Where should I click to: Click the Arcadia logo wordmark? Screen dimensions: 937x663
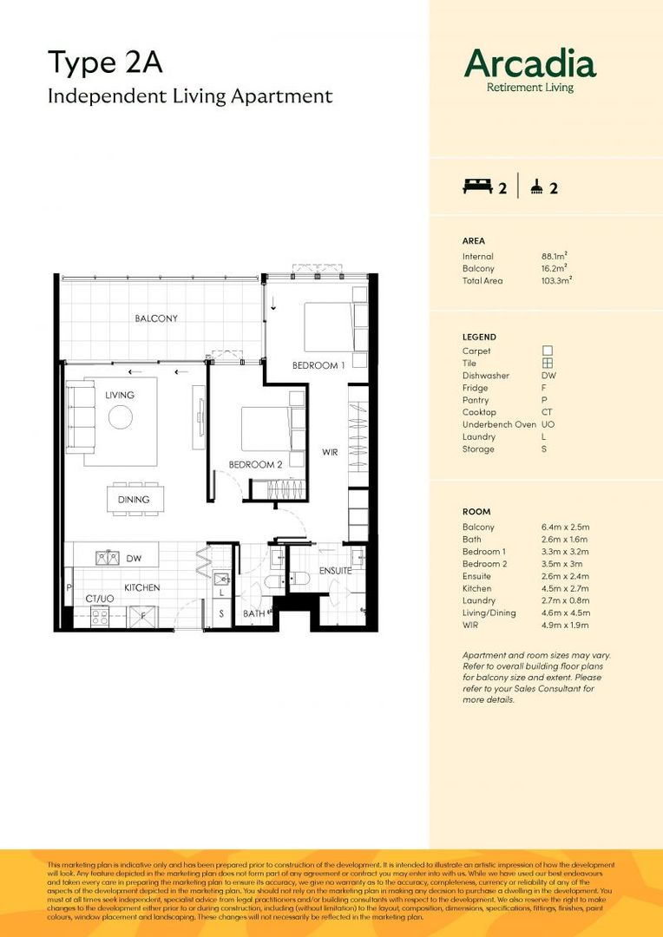pyautogui.click(x=529, y=64)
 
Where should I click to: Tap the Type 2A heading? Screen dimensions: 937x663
pyautogui.click(x=105, y=63)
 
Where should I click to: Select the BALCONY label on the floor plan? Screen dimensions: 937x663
pyautogui.click(x=156, y=318)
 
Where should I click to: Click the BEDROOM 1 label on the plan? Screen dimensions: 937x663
pyautogui.click(x=318, y=365)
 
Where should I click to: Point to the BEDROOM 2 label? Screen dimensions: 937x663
pyautogui.click(x=255, y=465)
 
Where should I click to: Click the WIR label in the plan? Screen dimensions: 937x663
pyautogui.click(x=330, y=452)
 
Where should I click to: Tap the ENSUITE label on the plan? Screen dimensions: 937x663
pyautogui.click(x=334, y=571)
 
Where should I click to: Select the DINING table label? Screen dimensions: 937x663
pyautogui.click(x=134, y=499)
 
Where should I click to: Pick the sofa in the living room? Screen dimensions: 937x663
pyautogui.click(x=82, y=417)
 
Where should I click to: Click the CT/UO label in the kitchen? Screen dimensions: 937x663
pyautogui.click(x=99, y=600)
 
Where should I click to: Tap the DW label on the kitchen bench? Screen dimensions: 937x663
pyautogui.click(x=134, y=559)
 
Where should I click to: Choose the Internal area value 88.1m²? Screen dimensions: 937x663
pyautogui.click(x=554, y=257)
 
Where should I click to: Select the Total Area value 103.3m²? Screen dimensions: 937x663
pyautogui.click(x=556, y=281)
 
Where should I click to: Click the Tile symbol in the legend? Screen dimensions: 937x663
pyautogui.click(x=548, y=364)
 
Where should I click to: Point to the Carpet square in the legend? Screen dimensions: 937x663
pyautogui.click(x=548, y=351)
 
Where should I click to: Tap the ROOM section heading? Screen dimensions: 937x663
pyautogui.click(x=477, y=512)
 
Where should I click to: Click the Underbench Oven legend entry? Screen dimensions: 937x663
pyautogui.click(x=499, y=424)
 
